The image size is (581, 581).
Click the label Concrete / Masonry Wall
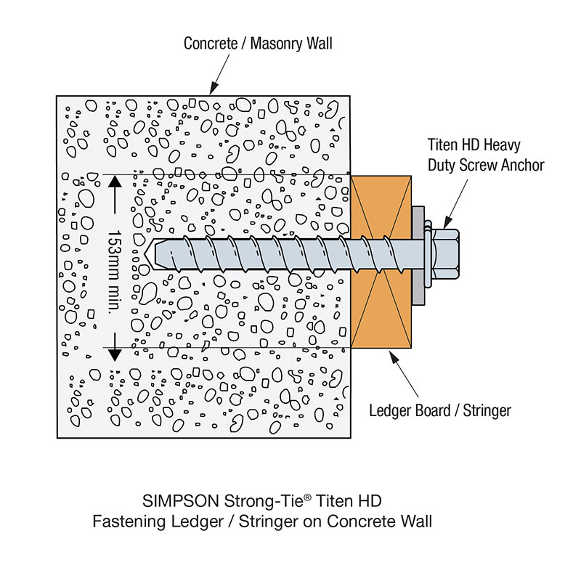258,43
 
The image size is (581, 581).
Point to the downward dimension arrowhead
114,354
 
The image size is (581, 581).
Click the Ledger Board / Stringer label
440,411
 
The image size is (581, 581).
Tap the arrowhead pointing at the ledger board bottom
389,355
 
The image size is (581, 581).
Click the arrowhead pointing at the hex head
446,224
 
